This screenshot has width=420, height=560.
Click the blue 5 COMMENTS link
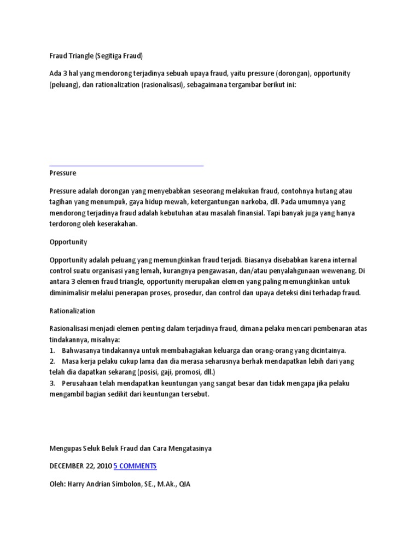click(135, 466)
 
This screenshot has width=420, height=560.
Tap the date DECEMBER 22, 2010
click(80, 466)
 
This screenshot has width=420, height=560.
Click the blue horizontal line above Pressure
click(126, 164)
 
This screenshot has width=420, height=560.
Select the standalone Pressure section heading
click(63, 173)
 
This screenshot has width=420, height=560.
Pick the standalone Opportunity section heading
click(68, 242)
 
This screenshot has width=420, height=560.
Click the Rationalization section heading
click(72, 311)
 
